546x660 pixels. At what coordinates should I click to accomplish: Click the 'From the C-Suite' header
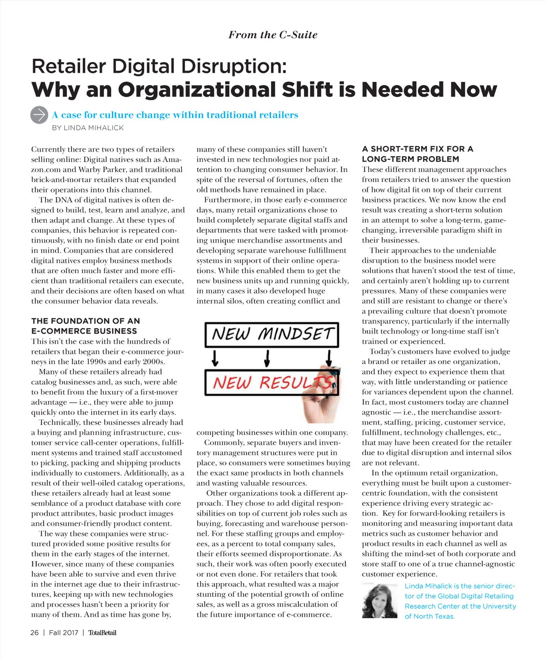(273, 35)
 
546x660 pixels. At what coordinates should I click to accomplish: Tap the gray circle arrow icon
(39, 115)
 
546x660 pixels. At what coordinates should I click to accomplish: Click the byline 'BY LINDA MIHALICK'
(88, 128)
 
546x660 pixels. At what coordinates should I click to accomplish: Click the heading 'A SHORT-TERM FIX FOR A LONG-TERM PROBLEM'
(417, 154)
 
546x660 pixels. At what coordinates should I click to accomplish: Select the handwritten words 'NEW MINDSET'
(272, 335)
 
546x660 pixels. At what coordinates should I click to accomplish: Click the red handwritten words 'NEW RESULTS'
(272, 382)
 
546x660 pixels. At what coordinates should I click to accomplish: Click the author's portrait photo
(379, 601)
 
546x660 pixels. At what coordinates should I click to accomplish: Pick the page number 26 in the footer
(35, 633)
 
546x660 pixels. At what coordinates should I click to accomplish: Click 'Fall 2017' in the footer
(64, 633)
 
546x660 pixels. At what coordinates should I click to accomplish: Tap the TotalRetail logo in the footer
(102, 633)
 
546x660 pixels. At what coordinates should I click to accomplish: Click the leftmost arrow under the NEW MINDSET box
(215, 358)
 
